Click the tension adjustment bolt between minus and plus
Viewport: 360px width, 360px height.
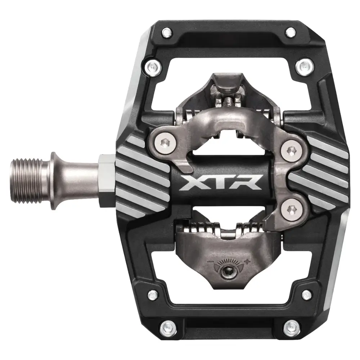click(x=229, y=269)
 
